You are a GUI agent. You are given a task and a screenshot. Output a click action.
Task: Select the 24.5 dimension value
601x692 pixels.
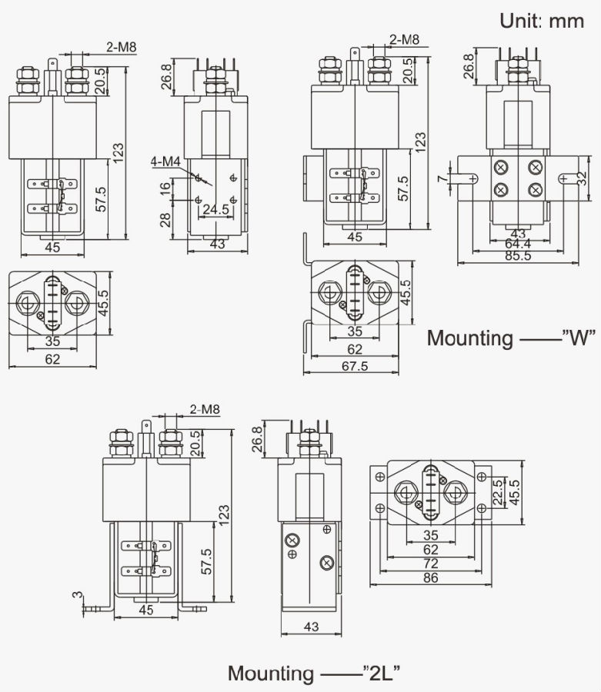click(214, 208)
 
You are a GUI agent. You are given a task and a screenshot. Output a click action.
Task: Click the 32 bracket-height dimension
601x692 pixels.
click(583, 178)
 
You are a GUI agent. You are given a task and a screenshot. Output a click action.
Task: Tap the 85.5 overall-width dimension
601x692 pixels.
click(517, 255)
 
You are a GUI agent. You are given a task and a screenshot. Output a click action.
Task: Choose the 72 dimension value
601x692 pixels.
click(430, 564)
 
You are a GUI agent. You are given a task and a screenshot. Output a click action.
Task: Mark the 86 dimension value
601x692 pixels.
click(430, 577)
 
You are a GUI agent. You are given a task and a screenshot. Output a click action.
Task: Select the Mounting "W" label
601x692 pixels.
click(512, 338)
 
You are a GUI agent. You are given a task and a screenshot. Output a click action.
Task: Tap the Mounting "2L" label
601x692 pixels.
click(313, 674)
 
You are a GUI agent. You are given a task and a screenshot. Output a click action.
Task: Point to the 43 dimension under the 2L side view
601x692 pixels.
click(311, 627)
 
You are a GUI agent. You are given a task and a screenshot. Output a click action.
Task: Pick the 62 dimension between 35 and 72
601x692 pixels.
click(430, 550)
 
